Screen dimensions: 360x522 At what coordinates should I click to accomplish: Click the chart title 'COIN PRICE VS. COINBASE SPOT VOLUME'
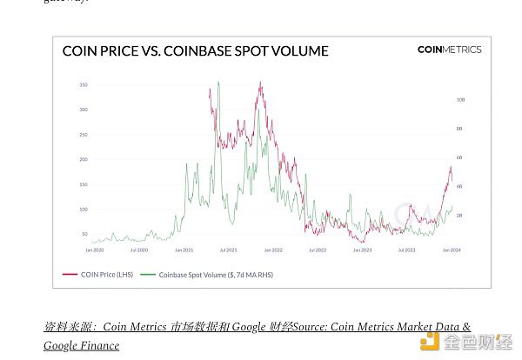195,51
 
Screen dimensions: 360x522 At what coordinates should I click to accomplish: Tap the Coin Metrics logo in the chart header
449,50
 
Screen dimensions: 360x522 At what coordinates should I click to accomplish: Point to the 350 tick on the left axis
84,85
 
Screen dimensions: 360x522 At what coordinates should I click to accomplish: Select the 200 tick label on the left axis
84,160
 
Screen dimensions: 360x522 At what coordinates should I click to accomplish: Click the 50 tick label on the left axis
85,235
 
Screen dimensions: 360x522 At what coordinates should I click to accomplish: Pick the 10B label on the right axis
460,100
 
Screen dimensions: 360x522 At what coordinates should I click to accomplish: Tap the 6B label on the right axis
459,157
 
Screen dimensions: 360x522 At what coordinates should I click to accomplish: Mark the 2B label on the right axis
459,215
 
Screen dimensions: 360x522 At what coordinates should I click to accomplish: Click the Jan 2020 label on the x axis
95,250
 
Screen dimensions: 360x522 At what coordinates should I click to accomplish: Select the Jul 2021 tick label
229,250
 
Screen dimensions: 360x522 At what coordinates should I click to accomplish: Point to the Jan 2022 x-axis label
273,250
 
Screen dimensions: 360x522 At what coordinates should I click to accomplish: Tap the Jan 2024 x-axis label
451,250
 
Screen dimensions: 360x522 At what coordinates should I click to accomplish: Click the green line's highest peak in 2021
217,83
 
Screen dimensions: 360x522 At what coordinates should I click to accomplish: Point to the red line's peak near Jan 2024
451,166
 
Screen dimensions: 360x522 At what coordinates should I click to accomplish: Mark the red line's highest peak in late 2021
260,83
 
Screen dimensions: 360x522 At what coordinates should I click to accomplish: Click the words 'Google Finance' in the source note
82,345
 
